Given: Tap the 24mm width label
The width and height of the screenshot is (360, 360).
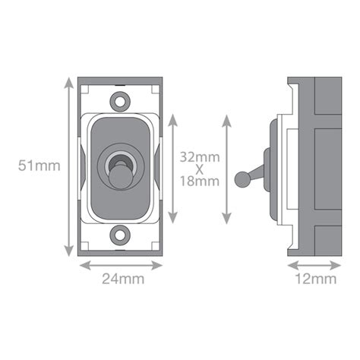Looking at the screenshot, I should [x=122, y=278].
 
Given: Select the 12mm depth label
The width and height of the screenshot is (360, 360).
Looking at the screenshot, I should [x=315, y=278].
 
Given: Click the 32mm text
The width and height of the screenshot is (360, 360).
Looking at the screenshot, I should [x=200, y=156].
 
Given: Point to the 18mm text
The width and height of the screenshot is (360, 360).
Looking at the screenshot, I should [x=200, y=182].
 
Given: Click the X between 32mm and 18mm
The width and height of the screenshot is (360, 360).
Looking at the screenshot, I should [x=200, y=169].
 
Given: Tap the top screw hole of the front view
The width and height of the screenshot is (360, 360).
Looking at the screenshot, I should [x=120, y=99].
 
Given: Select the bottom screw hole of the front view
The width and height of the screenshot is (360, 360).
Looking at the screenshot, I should [x=120, y=232].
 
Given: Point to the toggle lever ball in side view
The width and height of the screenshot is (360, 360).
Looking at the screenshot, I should [x=242, y=179].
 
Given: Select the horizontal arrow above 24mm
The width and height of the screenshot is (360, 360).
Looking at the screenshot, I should [x=122, y=265].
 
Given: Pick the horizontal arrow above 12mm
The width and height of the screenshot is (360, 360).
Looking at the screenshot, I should [x=313, y=265].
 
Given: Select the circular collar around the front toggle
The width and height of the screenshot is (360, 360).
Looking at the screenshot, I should [x=120, y=160].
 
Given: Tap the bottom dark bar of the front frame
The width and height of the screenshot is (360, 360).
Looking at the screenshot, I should [x=122, y=251].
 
